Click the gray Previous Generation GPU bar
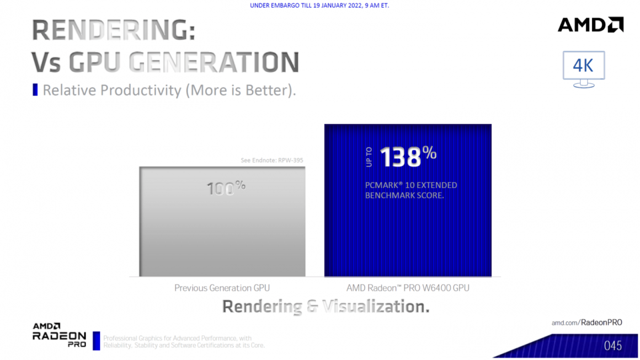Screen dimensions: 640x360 222,222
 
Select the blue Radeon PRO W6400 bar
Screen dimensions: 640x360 408,200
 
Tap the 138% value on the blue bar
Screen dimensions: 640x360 408,157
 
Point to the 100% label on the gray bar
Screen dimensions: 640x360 226,188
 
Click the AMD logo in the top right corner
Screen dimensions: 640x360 590,25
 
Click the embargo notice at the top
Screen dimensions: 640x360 319,6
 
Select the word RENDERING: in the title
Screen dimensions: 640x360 114,30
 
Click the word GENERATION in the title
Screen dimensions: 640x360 214,62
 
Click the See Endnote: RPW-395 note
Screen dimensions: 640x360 272,160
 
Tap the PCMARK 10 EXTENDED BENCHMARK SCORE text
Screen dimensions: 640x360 410,190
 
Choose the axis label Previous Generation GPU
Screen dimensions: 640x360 222,288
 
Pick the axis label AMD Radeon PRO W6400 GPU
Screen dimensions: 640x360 408,288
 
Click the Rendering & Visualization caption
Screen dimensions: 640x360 326,306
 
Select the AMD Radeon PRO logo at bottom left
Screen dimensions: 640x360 59,335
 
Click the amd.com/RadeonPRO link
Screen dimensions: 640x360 587,323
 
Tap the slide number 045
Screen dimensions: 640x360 612,346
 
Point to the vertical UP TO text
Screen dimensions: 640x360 369,157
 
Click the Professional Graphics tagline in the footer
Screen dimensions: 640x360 184,342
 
